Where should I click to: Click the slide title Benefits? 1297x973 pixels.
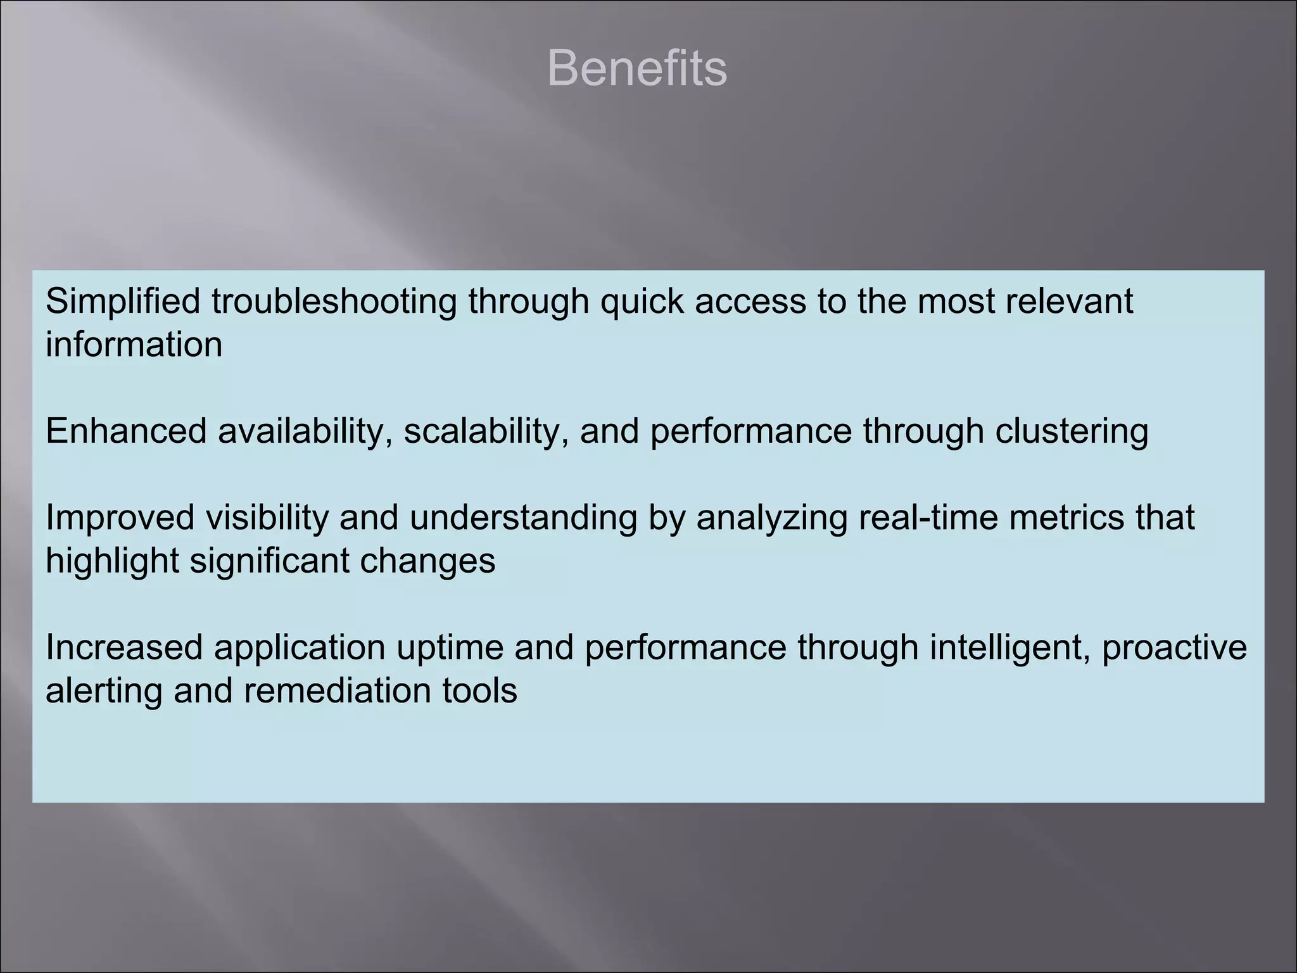click(636, 68)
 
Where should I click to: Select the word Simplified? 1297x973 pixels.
click(123, 302)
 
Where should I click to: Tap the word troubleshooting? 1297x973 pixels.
click(334, 302)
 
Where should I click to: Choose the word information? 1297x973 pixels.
click(134, 345)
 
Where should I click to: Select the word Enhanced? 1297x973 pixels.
click(126, 431)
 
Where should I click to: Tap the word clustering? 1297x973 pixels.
click(1072, 431)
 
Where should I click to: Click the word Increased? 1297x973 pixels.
click(123, 648)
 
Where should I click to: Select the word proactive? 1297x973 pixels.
click(1174, 648)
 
